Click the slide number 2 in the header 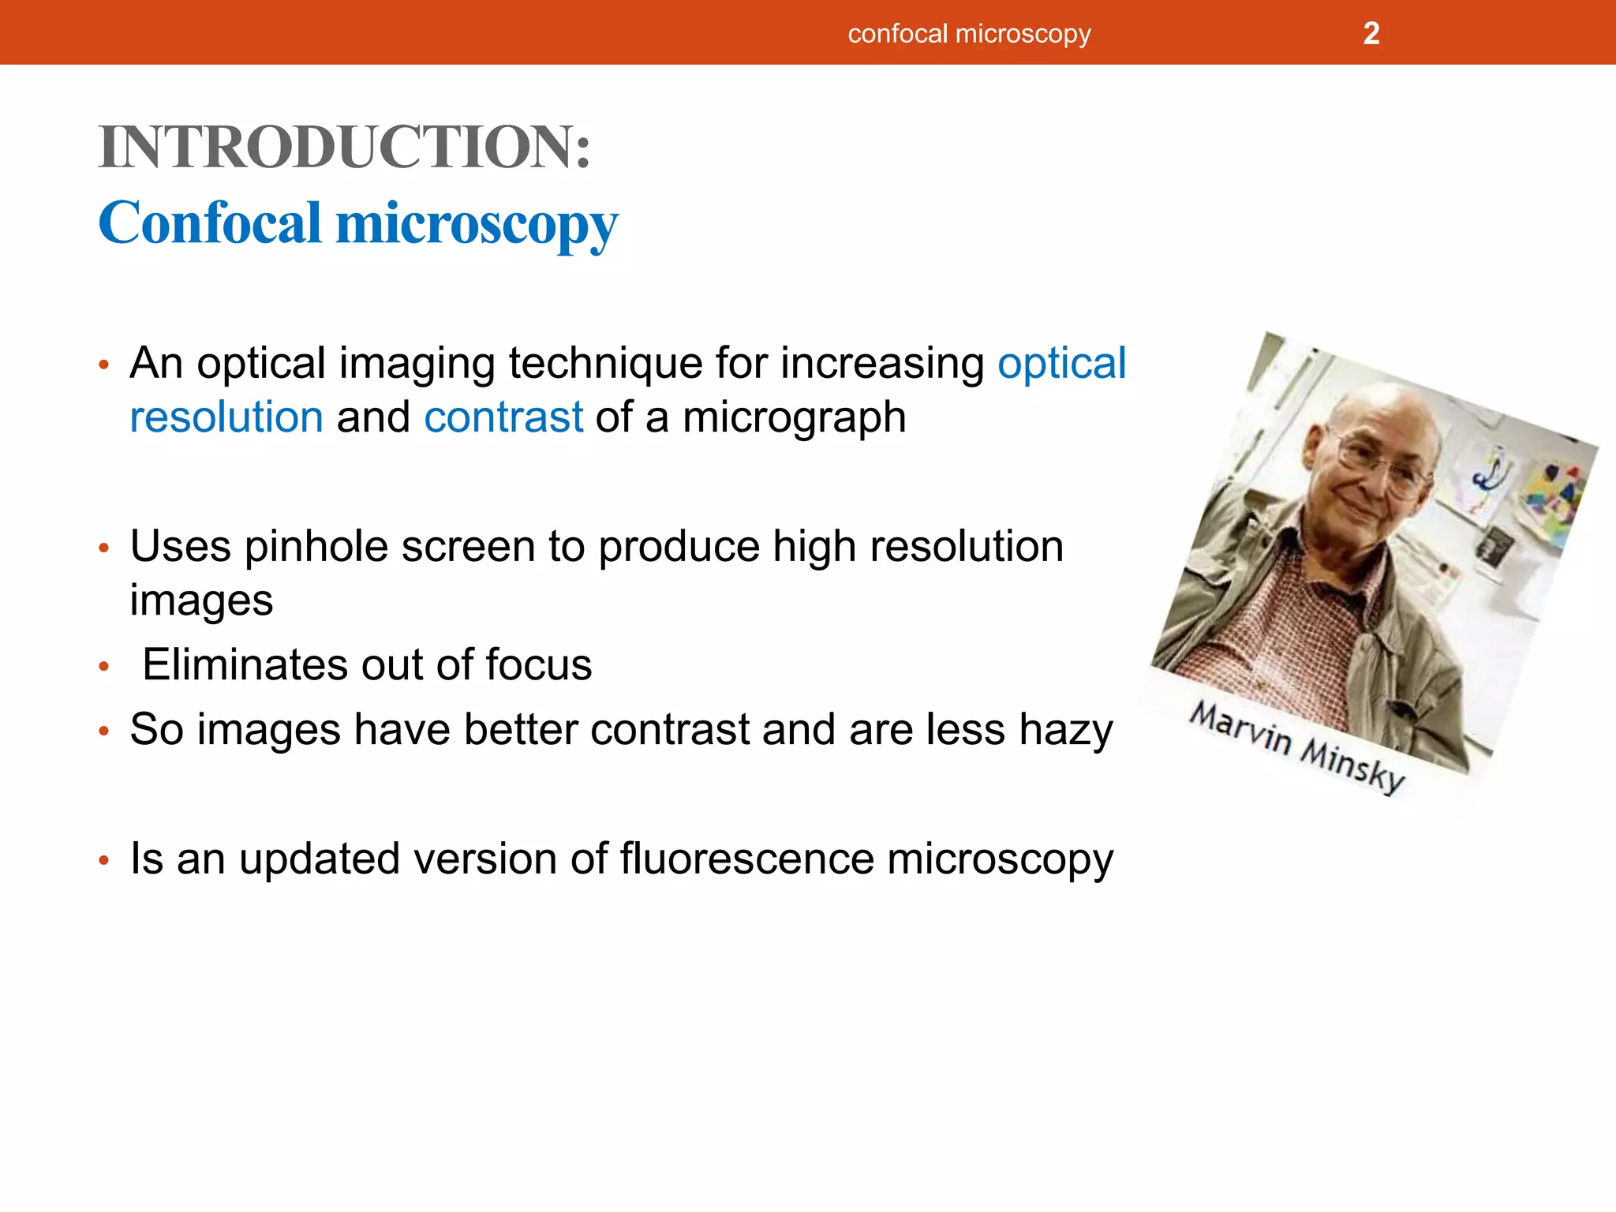click(x=1371, y=34)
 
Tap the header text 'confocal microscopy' click(x=969, y=34)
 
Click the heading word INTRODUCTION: click(x=345, y=148)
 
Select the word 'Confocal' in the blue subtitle click(x=210, y=223)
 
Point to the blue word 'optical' click(x=1061, y=364)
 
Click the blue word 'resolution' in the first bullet click(x=226, y=417)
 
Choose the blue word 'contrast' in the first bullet click(x=503, y=417)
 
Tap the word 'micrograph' click(x=794, y=419)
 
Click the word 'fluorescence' click(x=746, y=858)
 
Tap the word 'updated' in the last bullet click(x=319, y=860)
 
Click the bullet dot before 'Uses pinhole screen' click(x=103, y=548)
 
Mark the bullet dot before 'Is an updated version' click(x=103, y=860)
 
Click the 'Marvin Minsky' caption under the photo click(x=1298, y=747)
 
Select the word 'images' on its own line click(x=201, y=601)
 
